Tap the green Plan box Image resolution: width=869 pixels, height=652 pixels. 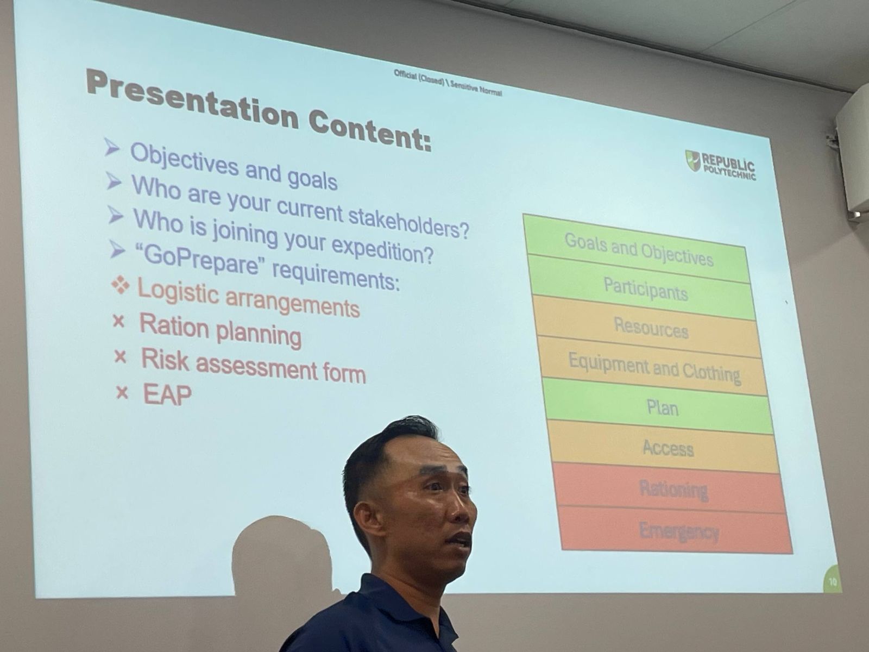coord(660,406)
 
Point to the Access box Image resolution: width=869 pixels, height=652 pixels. coord(665,448)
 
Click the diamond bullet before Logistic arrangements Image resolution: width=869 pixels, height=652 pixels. coord(121,285)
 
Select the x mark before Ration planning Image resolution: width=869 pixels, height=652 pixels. coord(118,321)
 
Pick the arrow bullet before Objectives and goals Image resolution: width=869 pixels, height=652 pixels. coord(112,148)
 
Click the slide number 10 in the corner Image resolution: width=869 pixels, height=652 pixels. coord(832,582)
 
